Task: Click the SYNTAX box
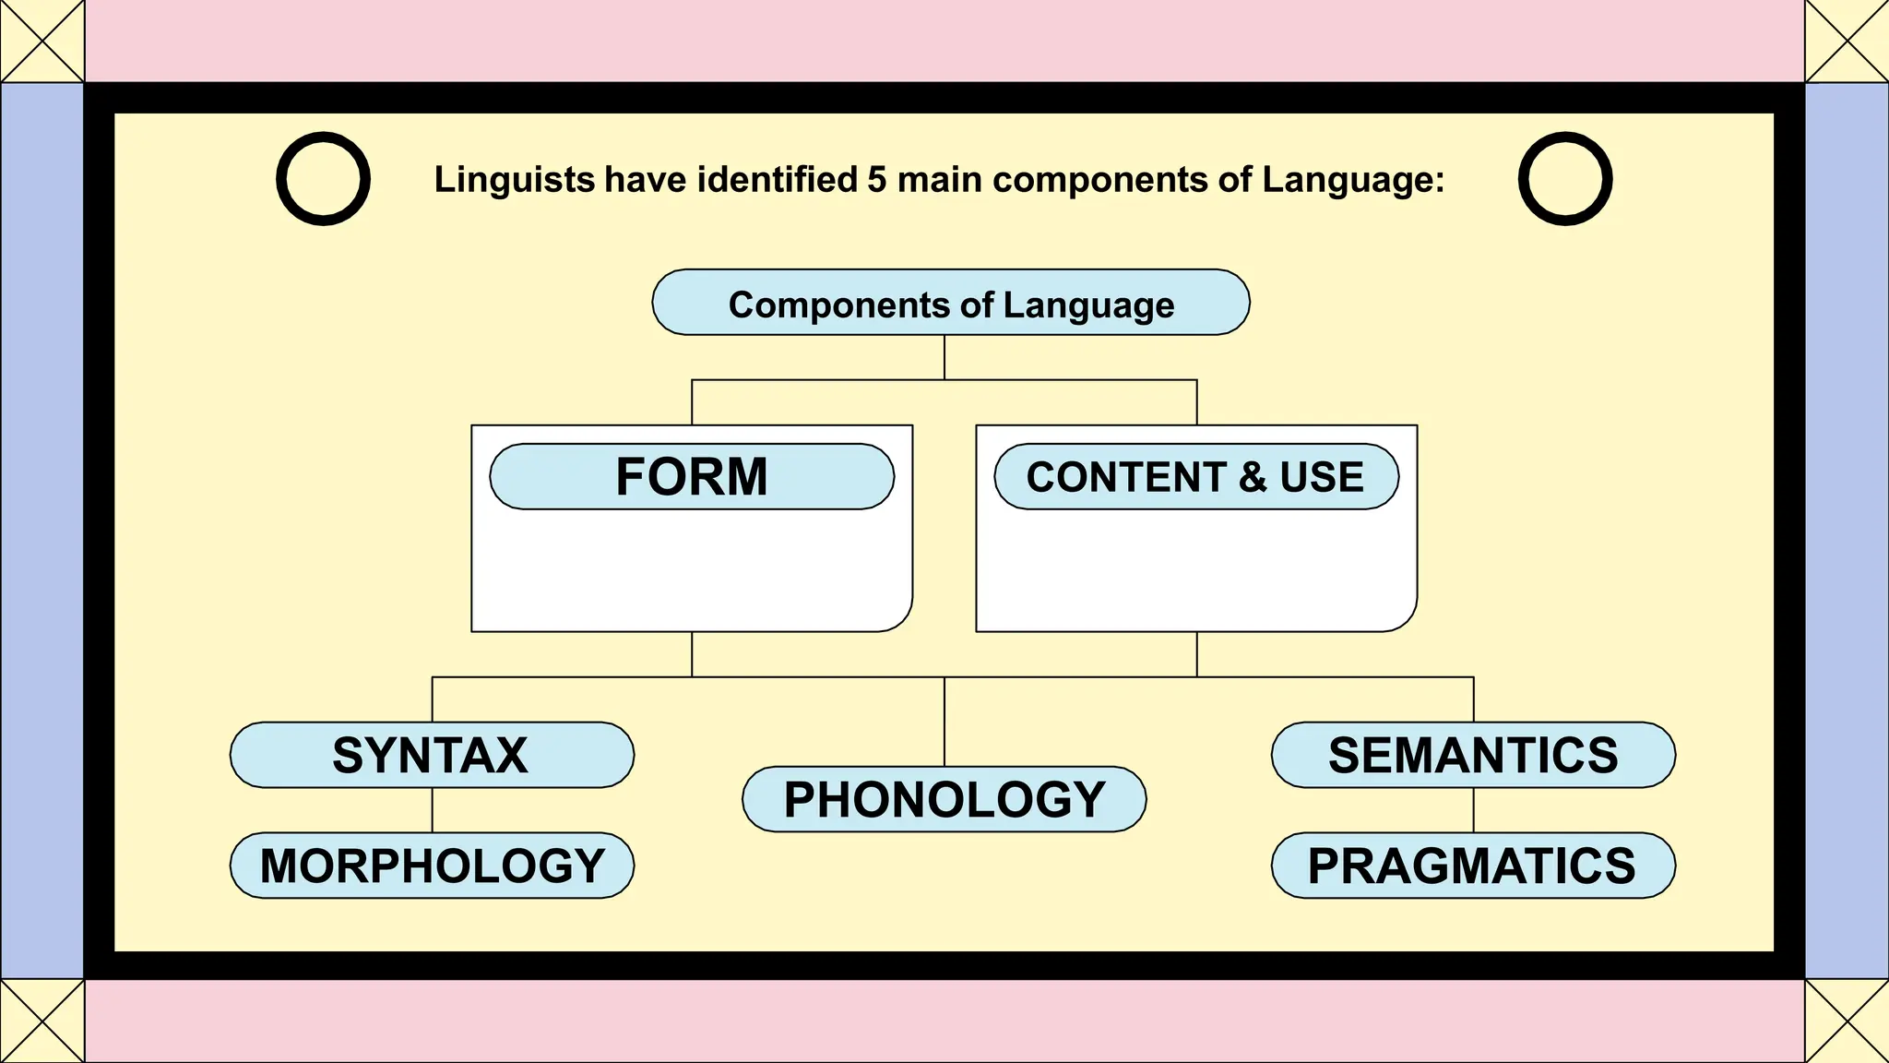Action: (x=432, y=755)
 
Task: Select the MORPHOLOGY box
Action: (x=432, y=866)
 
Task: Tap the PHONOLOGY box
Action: (x=944, y=799)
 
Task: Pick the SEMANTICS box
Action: (x=1473, y=755)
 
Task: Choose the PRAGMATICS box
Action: (x=1473, y=866)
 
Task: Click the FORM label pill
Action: (x=692, y=477)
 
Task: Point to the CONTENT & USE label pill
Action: (x=1196, y=477)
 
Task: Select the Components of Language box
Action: (x=951, y=303)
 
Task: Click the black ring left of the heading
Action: (x=323, y=150)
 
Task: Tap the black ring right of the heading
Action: (x=1565, y=150)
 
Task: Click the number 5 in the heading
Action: (x=876, y=179)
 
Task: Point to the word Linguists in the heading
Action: (x=515, y=179)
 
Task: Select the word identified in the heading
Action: (x=778, y=179)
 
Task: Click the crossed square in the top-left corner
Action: (x=42, y=41)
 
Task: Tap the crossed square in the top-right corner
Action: (x=1847, y=41)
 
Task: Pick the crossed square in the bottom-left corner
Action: (x=42, y=1021)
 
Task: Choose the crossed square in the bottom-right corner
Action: (x=1847, y=1021)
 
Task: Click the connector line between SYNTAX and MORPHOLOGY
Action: (x=433, y=810)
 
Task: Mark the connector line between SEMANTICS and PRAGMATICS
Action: (x=1473, y=810)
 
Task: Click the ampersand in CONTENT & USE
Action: (x=1252, y=477)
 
